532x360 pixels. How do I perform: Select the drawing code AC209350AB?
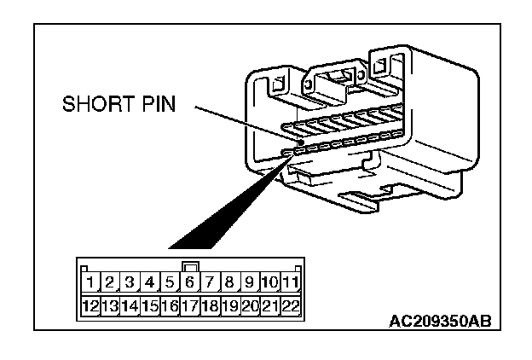(438, 322)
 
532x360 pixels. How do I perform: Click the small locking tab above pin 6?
(191, 266)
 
